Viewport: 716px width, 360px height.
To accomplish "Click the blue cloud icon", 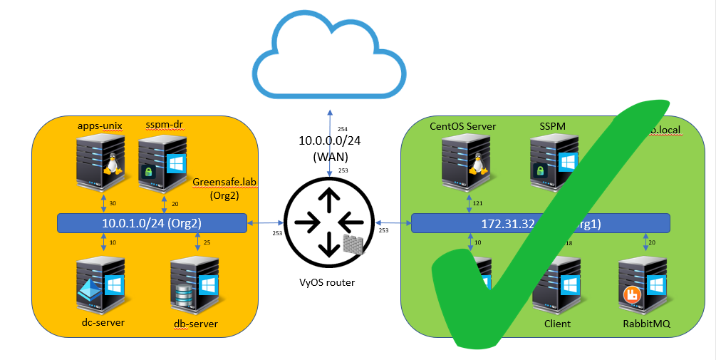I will [x=330, y=57].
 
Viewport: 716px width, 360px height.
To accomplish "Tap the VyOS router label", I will [x=328, y=282].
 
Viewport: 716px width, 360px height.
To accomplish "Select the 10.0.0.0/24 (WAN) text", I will [x=329, y=147].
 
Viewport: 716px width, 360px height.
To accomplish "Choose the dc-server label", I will [x=103, y=322].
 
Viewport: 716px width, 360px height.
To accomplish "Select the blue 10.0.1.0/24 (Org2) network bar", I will [x=152, y=223].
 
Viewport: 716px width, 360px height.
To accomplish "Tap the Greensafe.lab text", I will [x=224, y=182].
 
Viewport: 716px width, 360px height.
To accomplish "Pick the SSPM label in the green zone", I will [x=552, y=126].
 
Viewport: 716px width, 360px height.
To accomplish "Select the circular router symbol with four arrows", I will [x=328, y=222].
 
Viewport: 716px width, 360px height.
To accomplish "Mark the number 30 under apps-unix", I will [x=112, y=203].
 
